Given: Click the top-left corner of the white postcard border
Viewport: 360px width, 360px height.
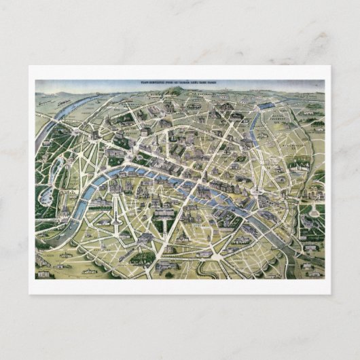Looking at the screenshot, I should coord(29,67).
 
